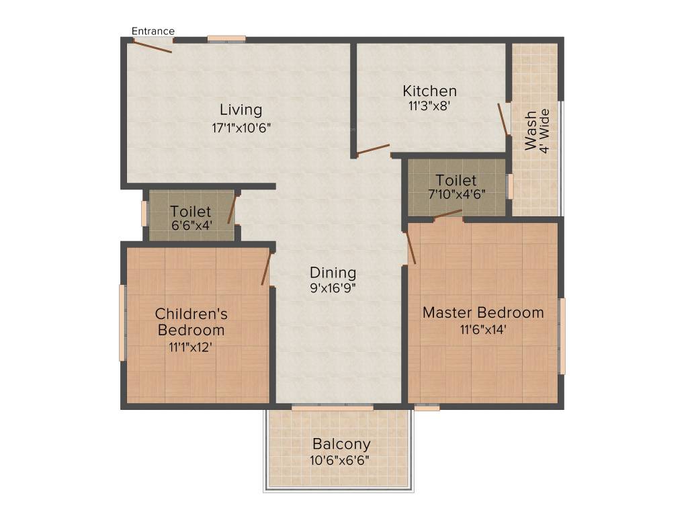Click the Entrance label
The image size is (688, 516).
[x=153, y=31]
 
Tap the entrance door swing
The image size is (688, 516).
[x=153, y=46]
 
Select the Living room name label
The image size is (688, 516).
[x=241, y=110]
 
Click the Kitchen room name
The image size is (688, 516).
[x=430, y=91]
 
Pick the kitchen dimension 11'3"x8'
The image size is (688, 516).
[x=430, y=106]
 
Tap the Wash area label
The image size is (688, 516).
[x=531, y=131]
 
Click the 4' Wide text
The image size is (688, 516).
[x=546, y=131]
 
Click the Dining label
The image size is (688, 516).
[x=333, y=273]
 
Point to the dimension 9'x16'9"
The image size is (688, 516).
[x=333, y=288]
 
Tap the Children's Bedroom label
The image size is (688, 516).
[x=191, y=322]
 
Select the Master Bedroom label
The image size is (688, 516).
[x=483, y=312]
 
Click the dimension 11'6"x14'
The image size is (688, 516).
[x=483, y=329]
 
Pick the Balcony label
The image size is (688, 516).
[x=341, y=444]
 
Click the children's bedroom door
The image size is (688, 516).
[x=266, y=268]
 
